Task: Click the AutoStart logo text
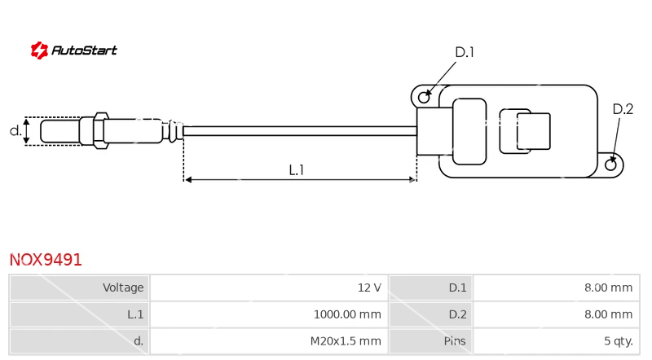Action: pyautogui.click(x=84, y=50)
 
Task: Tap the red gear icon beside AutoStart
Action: pyautogui.click(x=39, y=50)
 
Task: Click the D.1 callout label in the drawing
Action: pyautogui.click(x=465, y=52)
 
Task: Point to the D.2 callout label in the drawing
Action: pyautogui.click(x=623, y=109)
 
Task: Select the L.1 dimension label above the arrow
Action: pyautogui.click(x=297, y=169)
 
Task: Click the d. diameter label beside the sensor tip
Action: pyautogui.click(x=15, y=130)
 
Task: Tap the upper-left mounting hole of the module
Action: pyautogui.click(x=424, y=97)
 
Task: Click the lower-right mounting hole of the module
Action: pyautogui.click(x=610, y=165)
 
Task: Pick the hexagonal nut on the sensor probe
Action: pyautogui.click(x=100, y=130)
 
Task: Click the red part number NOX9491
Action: pyautogui.click(x=46, y=260)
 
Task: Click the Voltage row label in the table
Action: pyautogui.click(x=123, y=288)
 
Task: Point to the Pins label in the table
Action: pyautogui.click(x=455, y=341)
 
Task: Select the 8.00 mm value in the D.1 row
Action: pyautogui.click(x=608, y=288)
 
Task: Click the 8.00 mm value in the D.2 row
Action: pyautogui.click(x=608, y=314)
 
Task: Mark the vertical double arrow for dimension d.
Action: pyautogui.click(x=27, y=131)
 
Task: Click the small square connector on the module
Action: pyautogui.click(x=534, y=131)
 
